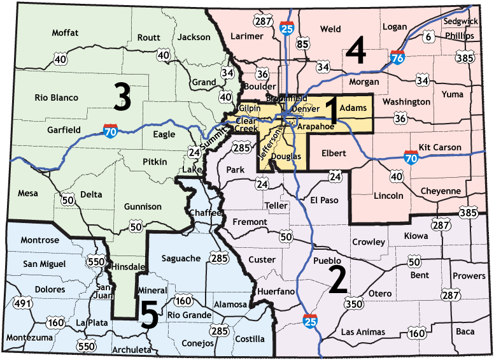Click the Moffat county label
pyautogui.click(x=65, y=32)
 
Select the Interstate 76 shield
pyautogui.click(x=399, y=58)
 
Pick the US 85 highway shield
pyautogui.click(x=302, y=44)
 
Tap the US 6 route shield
pyautogui.click(x=428, y=38)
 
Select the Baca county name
pyautogui.click(x=465, y=331)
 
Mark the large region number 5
pyautogui.click(x=149, y=315)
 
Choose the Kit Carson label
pyautogui.click(x=440, y=147)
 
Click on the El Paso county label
pyautogui.click(x=325, y=200)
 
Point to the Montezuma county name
pyautogui.click(x=29, y=337)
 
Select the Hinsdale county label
pyautogui.click(x=129, y=266)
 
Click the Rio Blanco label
pyautogui.click(x=57, y=97)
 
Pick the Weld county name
pyautogui.click(x=330, y=29)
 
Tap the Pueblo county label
pyautogui.click(x=327, y=261)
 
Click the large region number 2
pyautogui.click(x=337, y=280)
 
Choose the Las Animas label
pyautogui.click(x=363, y=332)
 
